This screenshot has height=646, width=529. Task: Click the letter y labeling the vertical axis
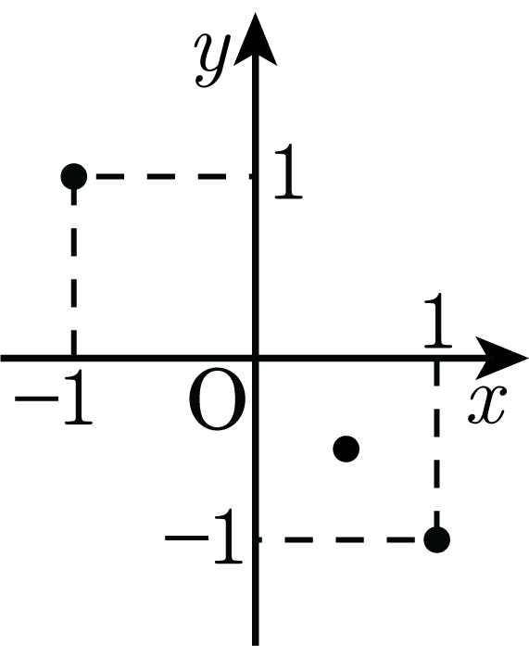point(211,59)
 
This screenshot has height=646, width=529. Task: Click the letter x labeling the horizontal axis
point(485,405)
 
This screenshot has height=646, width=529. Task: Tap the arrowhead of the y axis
point(256,40)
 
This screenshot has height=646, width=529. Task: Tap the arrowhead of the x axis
point(501,358)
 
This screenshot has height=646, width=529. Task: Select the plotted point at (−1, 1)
point(74,176)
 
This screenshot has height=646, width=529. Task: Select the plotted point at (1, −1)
point(436,539)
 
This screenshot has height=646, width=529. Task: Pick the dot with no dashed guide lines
point(346,449)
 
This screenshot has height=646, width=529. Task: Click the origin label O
point(217,399)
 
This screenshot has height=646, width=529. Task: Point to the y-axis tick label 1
point(288,171)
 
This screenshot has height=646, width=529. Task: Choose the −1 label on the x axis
point(54,398)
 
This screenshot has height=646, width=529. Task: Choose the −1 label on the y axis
point(204,537)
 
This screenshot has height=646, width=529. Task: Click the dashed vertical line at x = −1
point(74,272)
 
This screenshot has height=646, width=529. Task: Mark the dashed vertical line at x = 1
point(436,444)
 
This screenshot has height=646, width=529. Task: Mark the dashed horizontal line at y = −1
point(342,539)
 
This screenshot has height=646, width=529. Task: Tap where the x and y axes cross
point(256,358)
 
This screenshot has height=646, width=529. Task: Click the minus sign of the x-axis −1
point(37,399)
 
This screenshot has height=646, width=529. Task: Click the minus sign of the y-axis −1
point(186,538)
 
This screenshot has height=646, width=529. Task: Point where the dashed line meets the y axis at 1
point(255,177)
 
